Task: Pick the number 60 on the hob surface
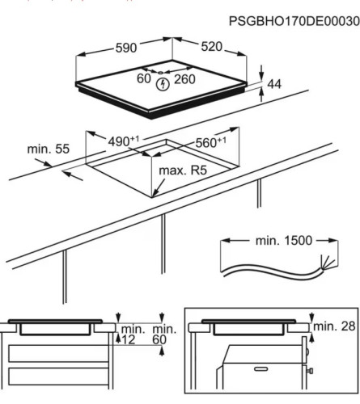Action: (x=144, y=78)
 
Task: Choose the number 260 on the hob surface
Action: (x=184, y=78)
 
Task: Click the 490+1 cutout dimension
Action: (x=123, y=141)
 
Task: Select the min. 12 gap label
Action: (x=129, y=335)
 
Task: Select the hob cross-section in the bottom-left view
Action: (x=57, y=329)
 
